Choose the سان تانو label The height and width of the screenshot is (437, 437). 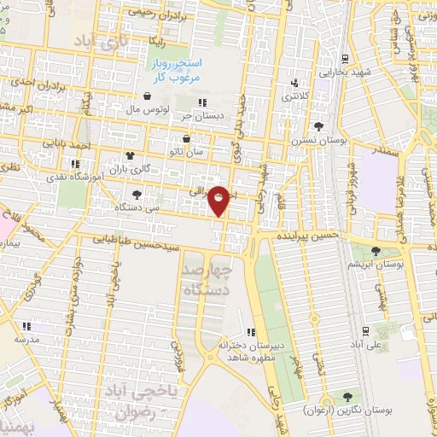[x=187, y=151]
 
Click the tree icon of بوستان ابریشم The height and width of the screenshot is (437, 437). [x=376, y=251]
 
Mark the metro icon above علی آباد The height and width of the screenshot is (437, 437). [x=364, y=330]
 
